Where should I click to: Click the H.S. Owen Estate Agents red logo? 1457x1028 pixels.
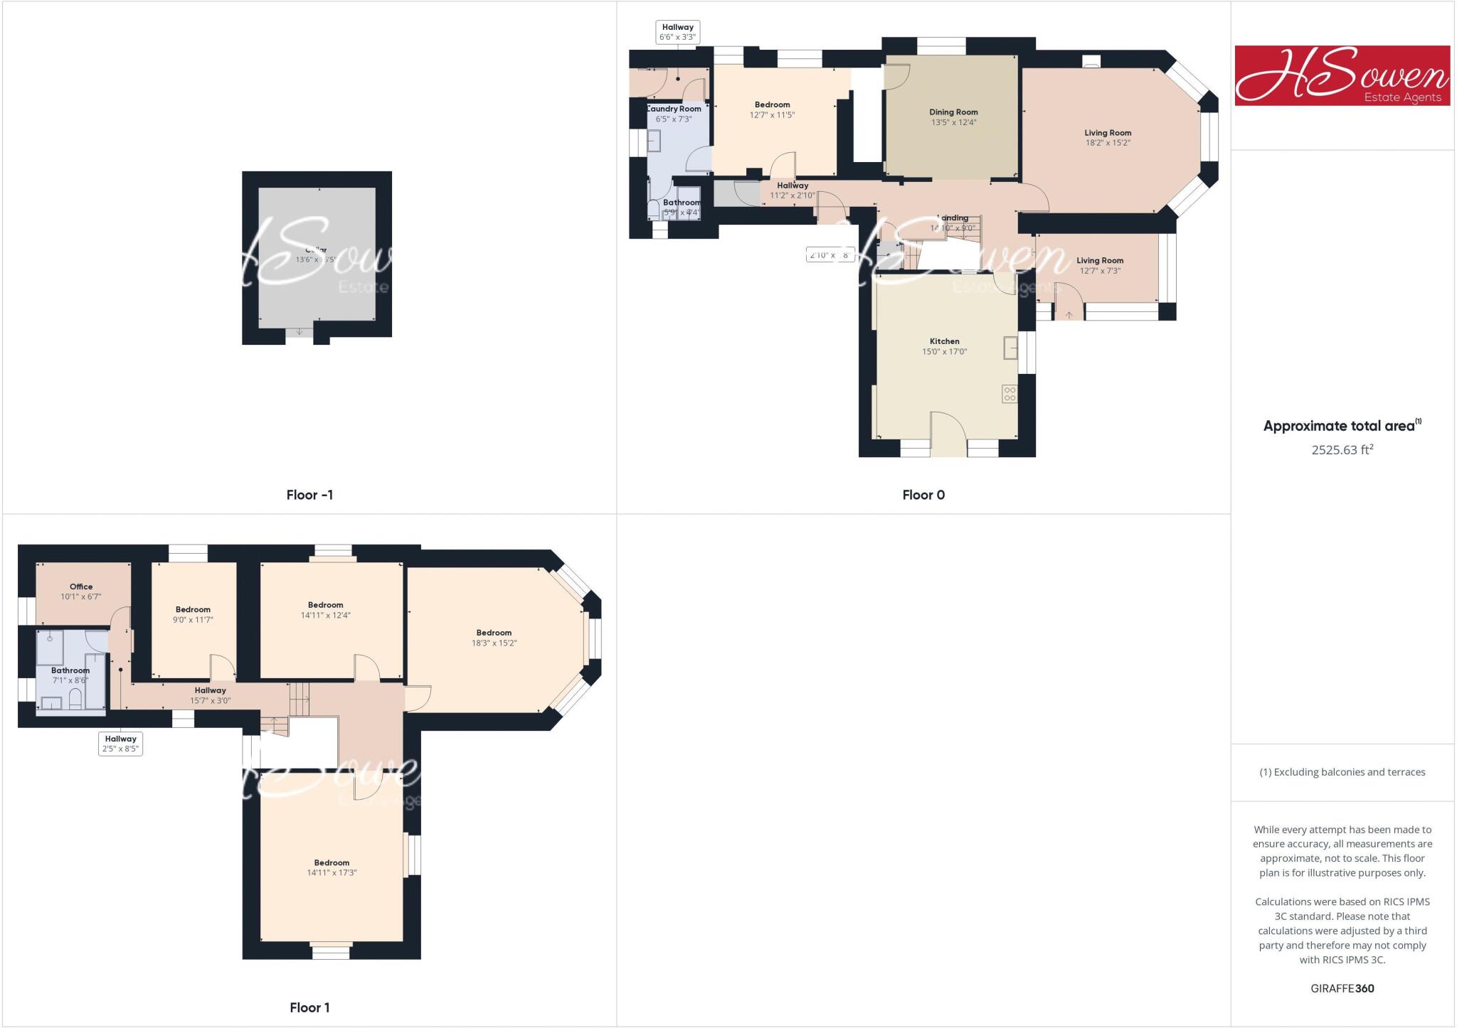[x=1342, y=76]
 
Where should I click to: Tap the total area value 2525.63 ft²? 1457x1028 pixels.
[x=1342, y=449]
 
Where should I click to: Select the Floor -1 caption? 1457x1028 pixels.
[x=309, y=495]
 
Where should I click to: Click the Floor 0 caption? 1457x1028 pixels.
[x=923, y=495]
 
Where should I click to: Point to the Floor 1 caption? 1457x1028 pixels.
[x=309, y=1007]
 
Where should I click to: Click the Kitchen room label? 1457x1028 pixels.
[x=944, y=341]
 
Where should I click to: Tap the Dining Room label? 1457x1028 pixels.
[x=953, y=112]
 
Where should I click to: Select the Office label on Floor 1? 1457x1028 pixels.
[x=81, y=587]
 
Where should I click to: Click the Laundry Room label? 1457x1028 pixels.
[x=674, y=109]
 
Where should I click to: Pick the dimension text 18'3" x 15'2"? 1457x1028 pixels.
[x=494, y=643]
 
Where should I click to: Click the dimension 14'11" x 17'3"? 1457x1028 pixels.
[x=332, y=872]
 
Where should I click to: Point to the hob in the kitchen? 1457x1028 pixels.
[x=1010, y=393]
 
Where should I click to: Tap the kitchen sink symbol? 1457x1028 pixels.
[x=1011, y=348]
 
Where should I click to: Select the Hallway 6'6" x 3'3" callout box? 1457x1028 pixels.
[x=677, y=32]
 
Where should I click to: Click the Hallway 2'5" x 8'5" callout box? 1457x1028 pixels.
[x=120, y=744]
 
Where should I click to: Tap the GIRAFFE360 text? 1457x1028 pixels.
[x=1342, y=988]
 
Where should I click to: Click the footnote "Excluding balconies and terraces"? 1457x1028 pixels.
[x=1342, y=772]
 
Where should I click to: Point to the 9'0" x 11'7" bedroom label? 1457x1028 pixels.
[x=193, y=614]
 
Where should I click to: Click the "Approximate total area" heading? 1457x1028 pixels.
[x=1339, y=426]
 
